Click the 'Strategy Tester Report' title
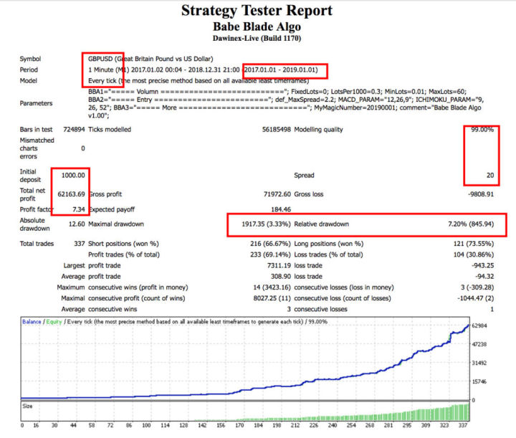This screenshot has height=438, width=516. point(257,11)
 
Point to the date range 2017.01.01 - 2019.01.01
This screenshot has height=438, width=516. point(285,70)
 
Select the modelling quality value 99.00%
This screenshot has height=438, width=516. point(480,130)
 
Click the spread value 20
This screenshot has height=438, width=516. point(489,175)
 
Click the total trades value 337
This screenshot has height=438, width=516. point(78,244)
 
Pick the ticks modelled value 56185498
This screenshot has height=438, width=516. point(271,130)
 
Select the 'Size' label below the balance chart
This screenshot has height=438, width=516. point(27,406)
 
